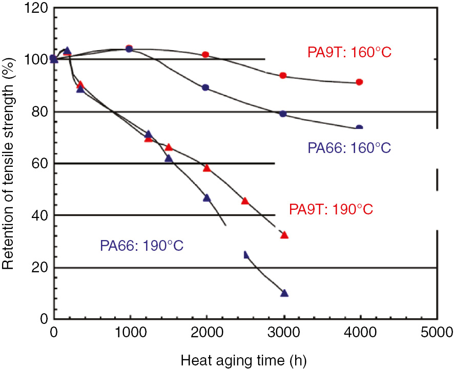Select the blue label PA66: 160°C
tap(349, 148)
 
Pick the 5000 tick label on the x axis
tap(437, 331)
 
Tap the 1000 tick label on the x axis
tap(130, 331)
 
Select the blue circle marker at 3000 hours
tap(283, 114)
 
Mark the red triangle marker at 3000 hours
tap(284, 235)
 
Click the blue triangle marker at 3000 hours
tap(284, 293)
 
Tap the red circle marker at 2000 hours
tap(206, 54)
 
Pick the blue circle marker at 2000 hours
tap(206, 88)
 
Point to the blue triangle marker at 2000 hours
tap(207, 198)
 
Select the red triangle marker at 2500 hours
tap(245, 201)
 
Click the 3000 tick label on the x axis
tap(283, 331)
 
